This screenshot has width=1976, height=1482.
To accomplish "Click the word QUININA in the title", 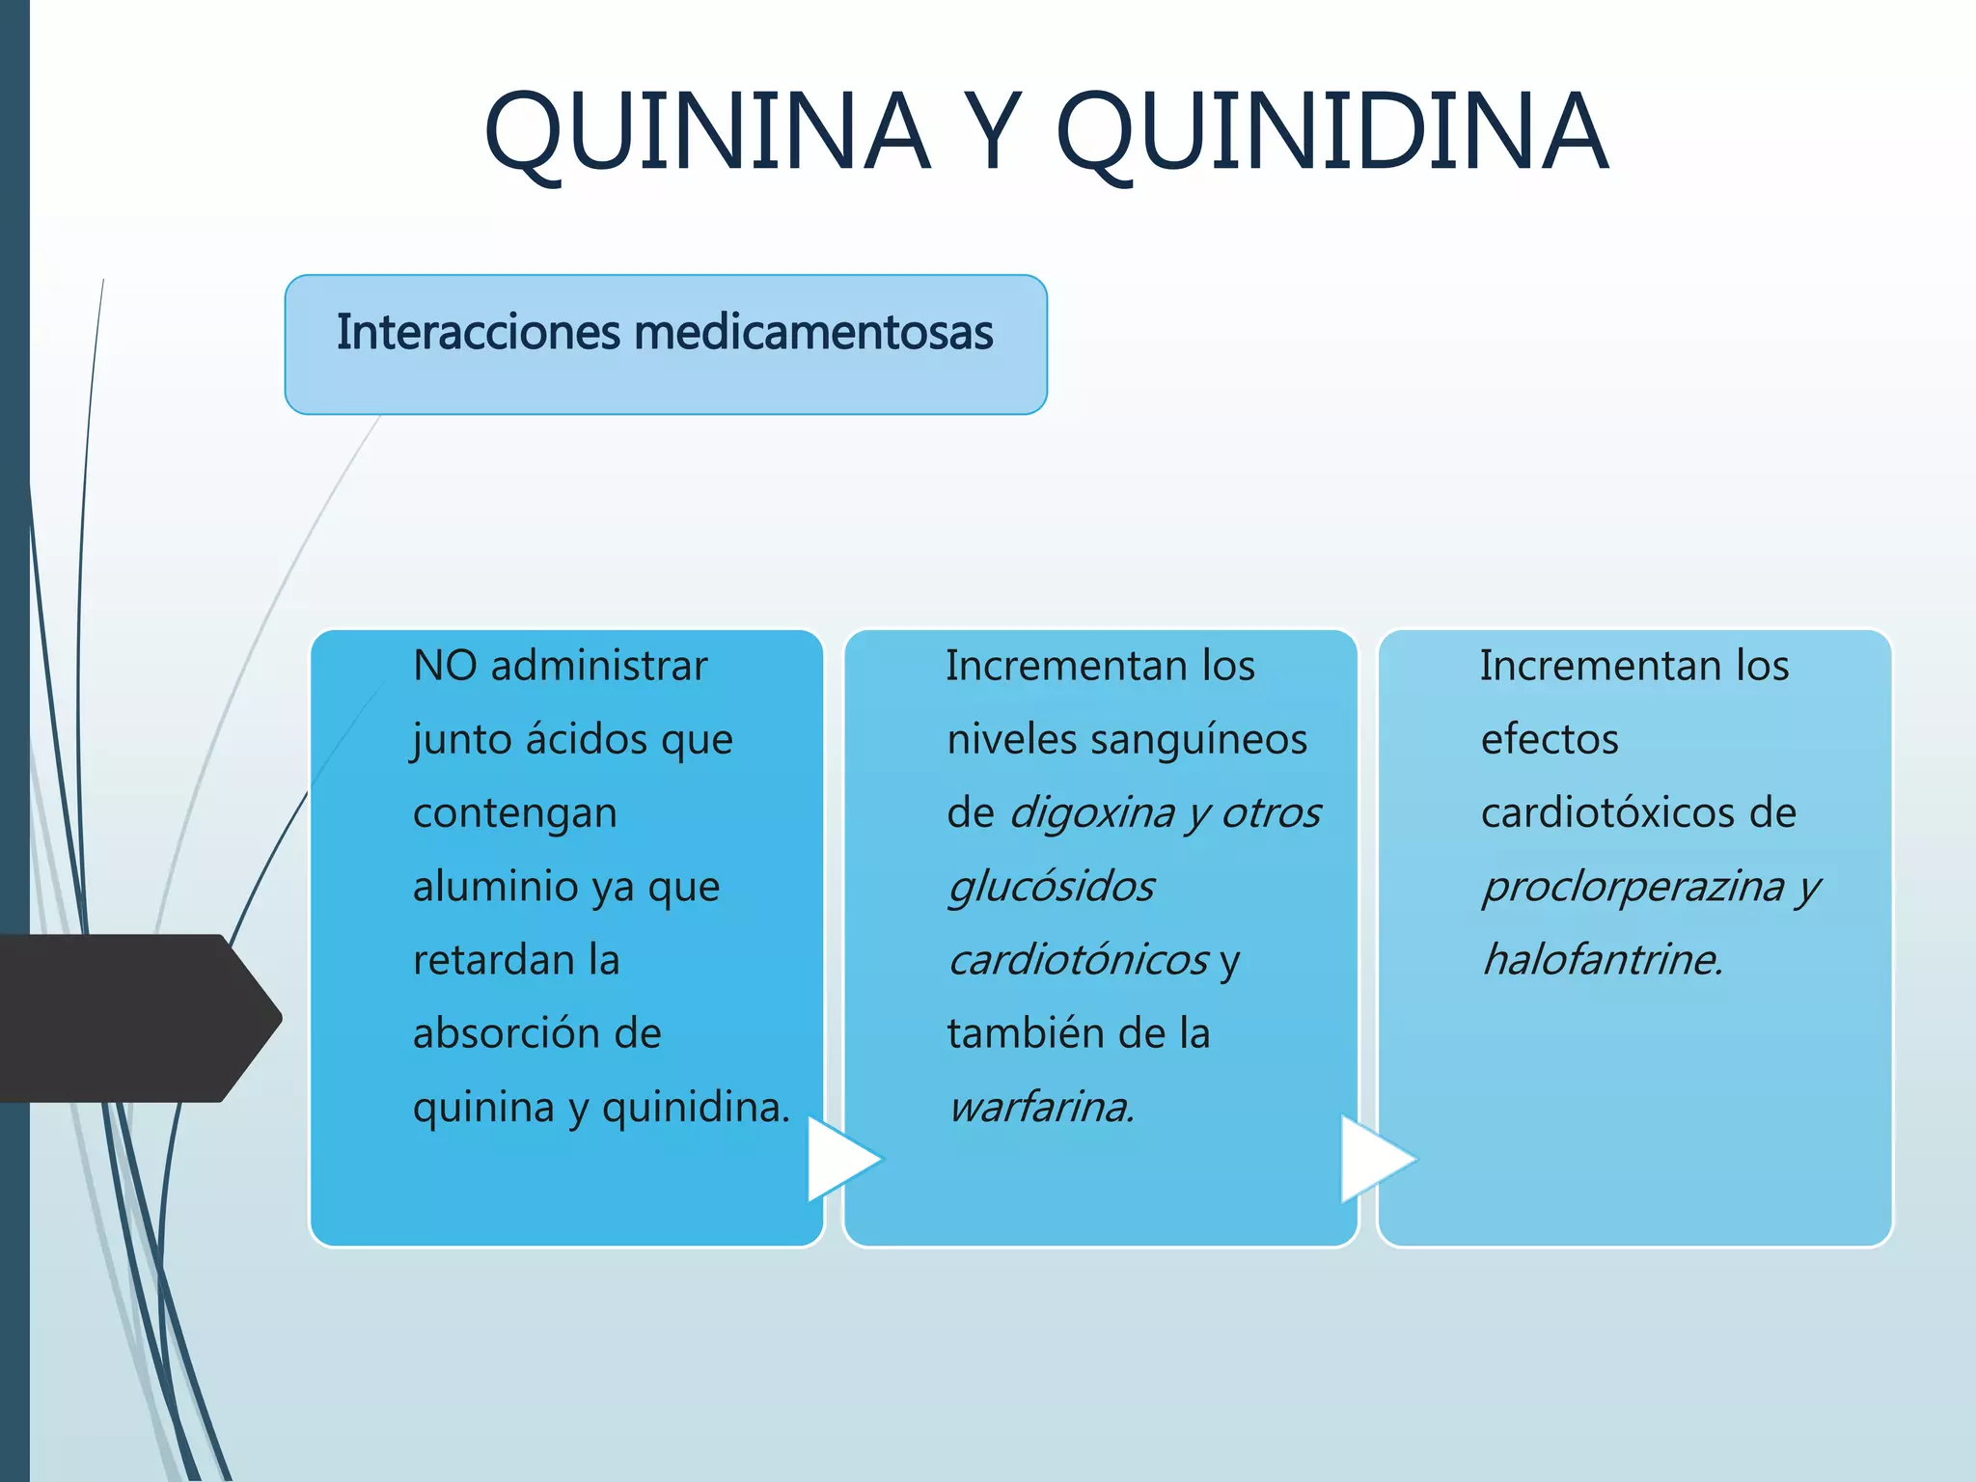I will [x=707, y=132].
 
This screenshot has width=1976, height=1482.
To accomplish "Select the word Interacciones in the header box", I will [x=478, y=333].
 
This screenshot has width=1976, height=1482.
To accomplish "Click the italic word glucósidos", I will [x=1051, y=887].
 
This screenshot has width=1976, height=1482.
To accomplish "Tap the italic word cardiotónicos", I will [x=1078, y=960].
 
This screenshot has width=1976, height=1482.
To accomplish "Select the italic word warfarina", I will [x=1041, y=1108].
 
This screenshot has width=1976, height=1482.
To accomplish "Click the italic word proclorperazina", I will [x=1633, y=887].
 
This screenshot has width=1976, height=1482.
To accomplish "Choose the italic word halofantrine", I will [x=1603, y=960].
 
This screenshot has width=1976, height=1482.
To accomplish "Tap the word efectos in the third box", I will [x=1550, y=740].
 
